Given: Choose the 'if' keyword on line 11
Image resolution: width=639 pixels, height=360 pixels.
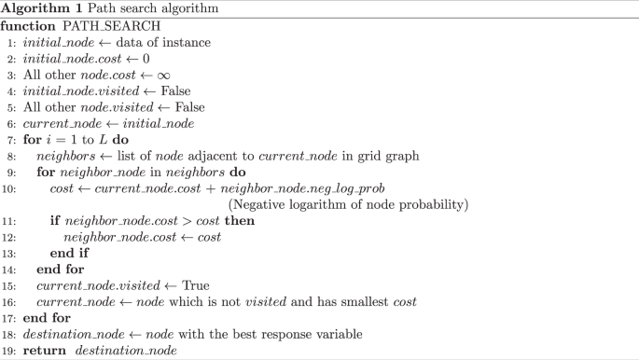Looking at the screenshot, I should coord(55,220).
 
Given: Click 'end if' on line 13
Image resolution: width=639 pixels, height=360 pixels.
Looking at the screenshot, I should coord(68,251).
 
